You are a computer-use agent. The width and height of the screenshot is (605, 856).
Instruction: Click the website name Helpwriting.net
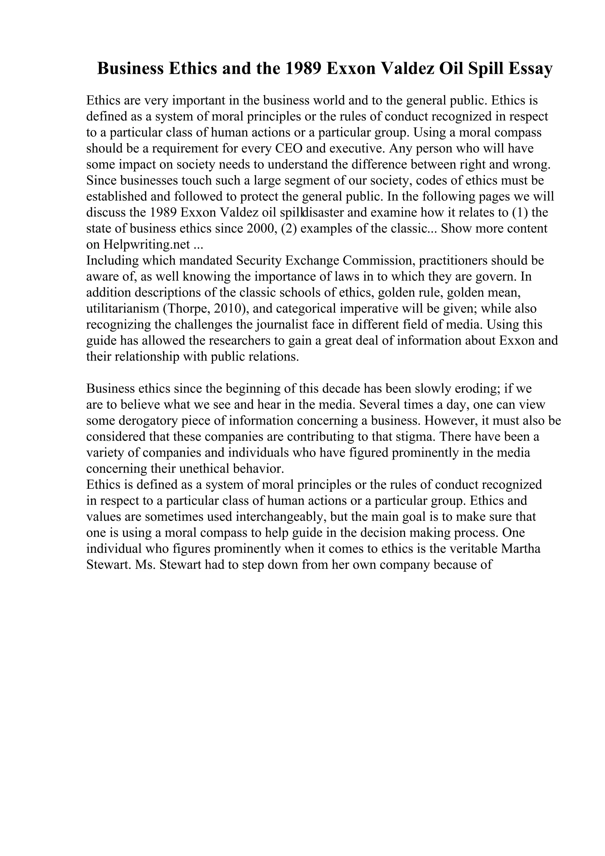147,244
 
